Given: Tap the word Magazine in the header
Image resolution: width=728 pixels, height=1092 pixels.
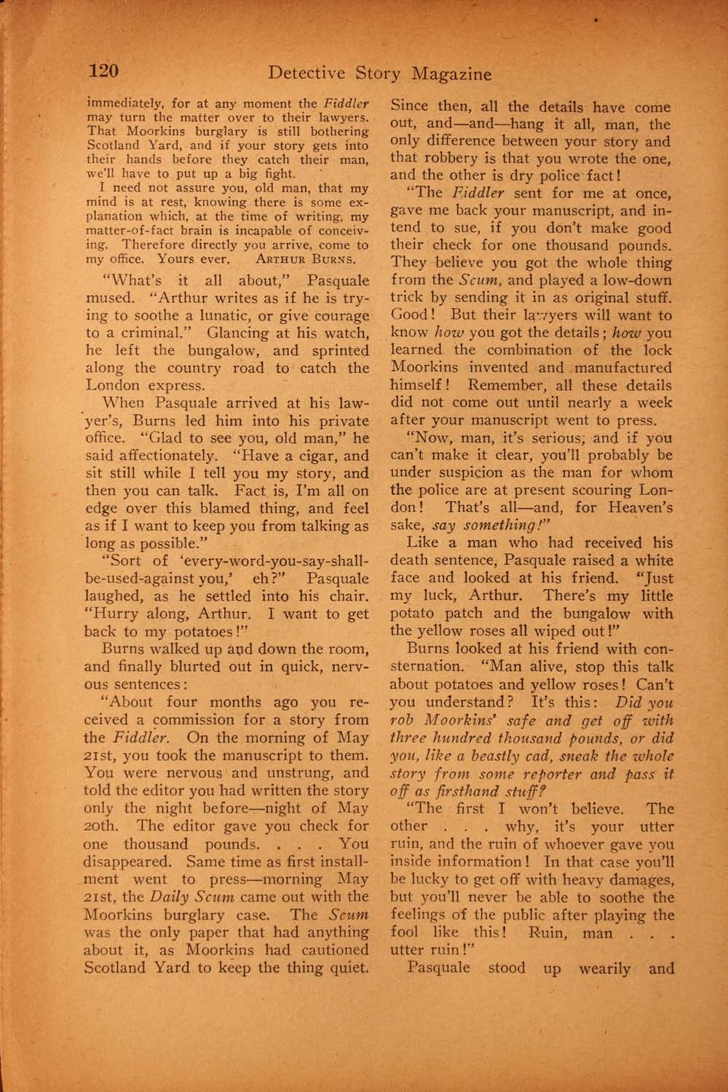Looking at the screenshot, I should [x=451, y=74].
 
